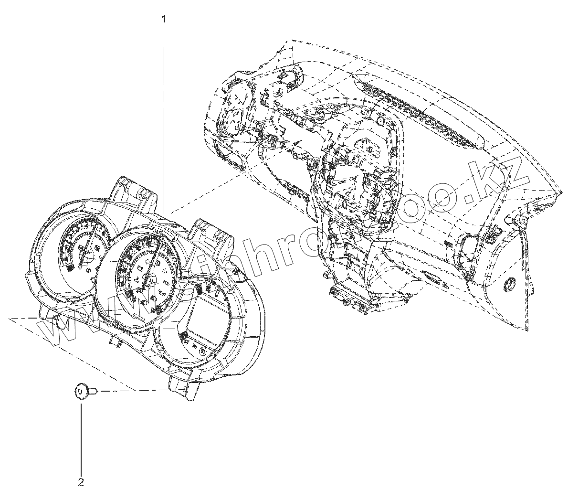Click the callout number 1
[x=164, y=20]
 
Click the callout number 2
[x=81, y=482]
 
